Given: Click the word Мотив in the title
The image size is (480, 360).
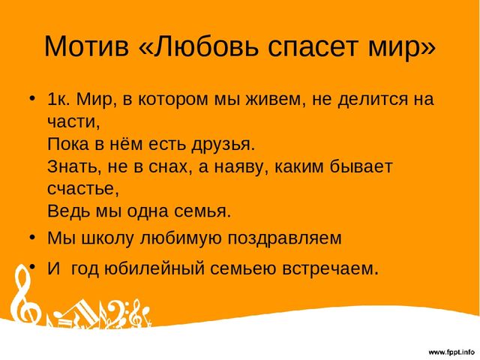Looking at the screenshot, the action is (87, 46).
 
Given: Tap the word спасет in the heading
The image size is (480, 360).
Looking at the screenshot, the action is (313, 48).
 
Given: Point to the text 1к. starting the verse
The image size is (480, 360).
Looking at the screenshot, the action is (58, 99).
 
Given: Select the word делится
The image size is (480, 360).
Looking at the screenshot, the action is (373, 100).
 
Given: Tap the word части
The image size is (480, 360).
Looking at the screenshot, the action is (73, 122).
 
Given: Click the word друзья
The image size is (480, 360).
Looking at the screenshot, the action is (223, 145).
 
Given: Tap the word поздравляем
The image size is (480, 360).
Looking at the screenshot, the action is (284, 238).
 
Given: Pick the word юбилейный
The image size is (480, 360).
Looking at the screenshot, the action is (154, 268).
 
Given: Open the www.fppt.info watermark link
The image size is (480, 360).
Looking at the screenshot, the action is (451, 352).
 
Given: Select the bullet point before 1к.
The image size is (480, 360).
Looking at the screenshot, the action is (31, 98).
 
